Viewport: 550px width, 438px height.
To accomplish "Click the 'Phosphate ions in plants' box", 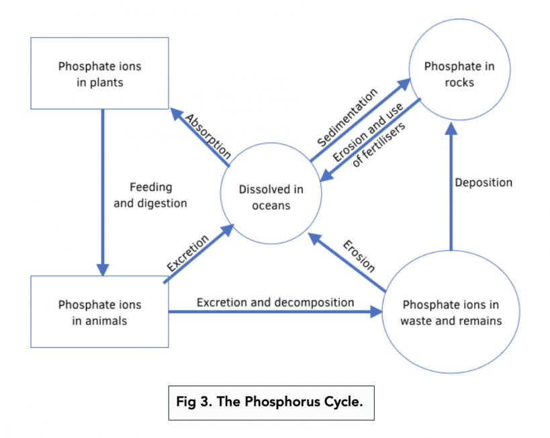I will tap(99, 74).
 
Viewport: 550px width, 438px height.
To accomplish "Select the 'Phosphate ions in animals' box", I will tap(99, 312).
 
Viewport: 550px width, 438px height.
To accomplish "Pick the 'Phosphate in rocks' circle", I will tap(459, 74).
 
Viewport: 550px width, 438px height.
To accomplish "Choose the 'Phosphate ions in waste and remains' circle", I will tap(451, 312).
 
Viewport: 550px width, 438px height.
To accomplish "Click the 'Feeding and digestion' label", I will tap(150, 195).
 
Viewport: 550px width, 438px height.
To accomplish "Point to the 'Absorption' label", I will tap(208, 137).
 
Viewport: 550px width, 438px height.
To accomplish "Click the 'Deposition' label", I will tap(484, 183).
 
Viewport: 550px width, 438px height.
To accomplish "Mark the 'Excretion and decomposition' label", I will tap(275, 302).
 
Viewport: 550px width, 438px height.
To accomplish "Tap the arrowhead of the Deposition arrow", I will tap(451, 129).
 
